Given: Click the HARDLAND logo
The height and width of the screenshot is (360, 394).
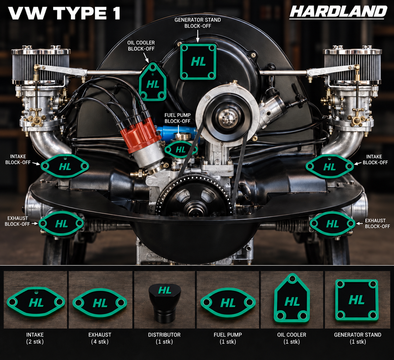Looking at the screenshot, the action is (338, 12).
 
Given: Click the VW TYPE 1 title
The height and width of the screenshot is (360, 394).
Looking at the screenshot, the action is (64, 13).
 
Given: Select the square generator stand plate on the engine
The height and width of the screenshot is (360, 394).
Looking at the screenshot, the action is (198, 62).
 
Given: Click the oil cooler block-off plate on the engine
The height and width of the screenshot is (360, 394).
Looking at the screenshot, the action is (153, 82).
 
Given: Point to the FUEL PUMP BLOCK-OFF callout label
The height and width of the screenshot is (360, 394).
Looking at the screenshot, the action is (178, 118).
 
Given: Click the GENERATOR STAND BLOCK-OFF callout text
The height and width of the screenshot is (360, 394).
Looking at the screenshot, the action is (198, 23).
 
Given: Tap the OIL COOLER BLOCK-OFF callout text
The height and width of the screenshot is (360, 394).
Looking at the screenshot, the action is (141, 46).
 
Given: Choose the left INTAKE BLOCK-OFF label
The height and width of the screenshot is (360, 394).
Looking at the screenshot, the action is (18, 159).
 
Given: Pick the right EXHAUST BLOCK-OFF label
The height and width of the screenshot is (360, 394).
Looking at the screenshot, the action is (377, 223).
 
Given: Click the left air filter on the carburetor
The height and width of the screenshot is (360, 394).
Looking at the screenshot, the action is (41, 66).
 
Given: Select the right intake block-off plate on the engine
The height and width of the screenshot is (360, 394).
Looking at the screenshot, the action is (330, 167).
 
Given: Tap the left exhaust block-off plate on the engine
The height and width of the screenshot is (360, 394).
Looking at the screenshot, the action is (61, 223).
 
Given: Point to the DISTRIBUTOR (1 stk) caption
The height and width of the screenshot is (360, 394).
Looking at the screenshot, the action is (164, 338).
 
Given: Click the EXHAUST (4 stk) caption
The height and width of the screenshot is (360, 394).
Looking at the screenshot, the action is (100, 338).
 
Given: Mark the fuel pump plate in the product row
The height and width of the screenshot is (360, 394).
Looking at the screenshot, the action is (228, 303).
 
